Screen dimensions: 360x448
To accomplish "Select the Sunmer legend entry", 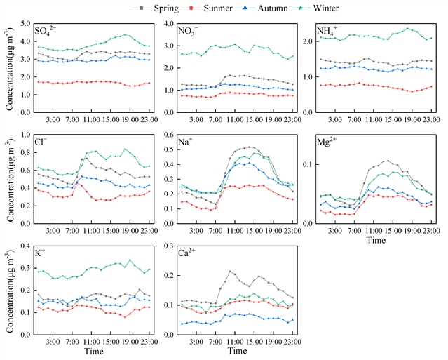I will click(x=226, y=8).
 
